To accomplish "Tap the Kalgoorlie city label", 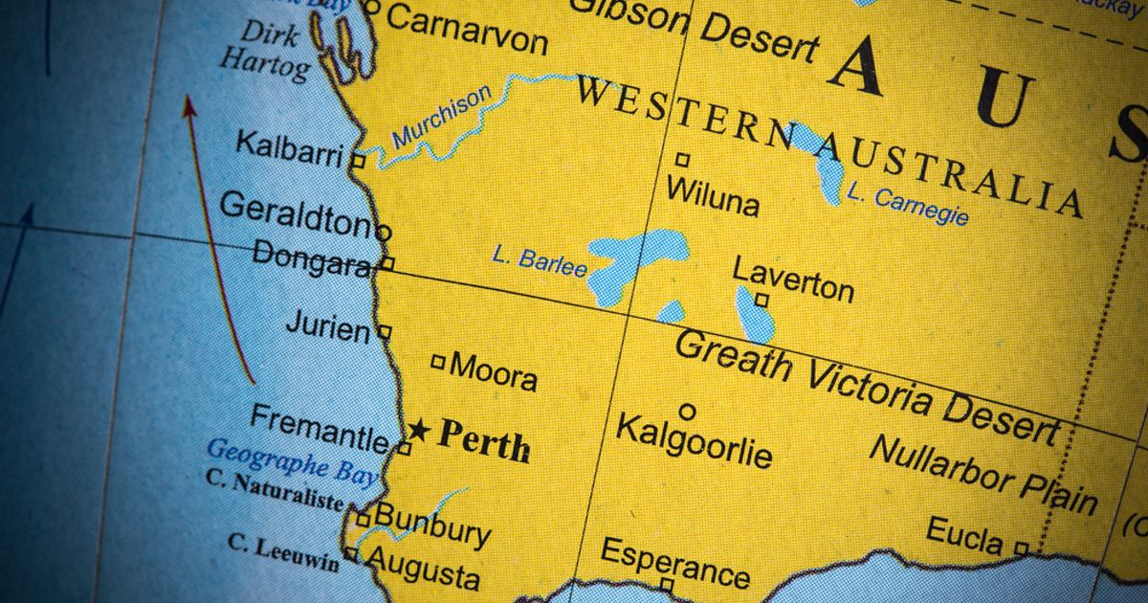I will click(693, 441).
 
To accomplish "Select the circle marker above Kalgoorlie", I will click(687, 412).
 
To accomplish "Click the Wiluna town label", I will click(713, 195).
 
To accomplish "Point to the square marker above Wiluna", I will click(682, 160).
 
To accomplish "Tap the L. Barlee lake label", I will click(540, 260).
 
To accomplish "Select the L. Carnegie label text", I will click(907, 205).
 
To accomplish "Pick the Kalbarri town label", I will click(289, 149).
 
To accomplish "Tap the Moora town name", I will click(493, 371).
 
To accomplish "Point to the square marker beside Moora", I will click(438, 362).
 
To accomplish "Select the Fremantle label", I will click(320, 429).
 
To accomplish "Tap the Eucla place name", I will click(964, 535).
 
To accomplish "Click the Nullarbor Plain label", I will click(983, 475).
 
